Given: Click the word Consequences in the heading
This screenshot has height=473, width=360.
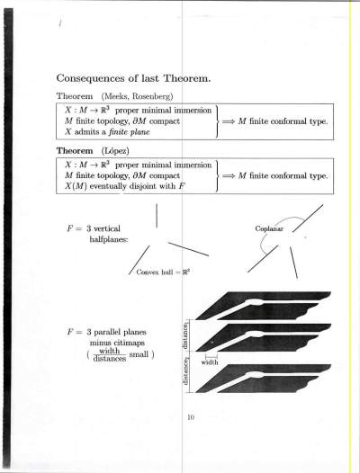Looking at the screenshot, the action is click(x=91, y=78).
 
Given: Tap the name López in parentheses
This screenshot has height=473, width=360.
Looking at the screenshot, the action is click(x=115, y=151).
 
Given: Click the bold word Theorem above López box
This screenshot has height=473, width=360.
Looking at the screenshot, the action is click(x=75, y=150).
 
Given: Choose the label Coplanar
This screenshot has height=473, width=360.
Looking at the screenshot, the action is click(x=269, y=228).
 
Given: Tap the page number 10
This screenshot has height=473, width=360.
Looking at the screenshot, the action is click(x=191, y=417).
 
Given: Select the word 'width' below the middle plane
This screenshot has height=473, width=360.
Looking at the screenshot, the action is click(x=210, y=362).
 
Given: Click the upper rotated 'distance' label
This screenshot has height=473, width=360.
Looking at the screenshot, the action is click(x=186, y=335).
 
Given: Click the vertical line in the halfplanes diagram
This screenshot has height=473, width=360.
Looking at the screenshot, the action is click(x=157, y=216).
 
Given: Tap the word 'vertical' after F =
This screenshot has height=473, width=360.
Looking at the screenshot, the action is click(x=107, y=228).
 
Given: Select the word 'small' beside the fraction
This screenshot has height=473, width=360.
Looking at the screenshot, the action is click(x=139, y=354).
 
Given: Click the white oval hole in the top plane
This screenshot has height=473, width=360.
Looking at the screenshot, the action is click(x=255, y=301).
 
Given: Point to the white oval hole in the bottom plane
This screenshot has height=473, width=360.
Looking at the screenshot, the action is click(x=255, y=375).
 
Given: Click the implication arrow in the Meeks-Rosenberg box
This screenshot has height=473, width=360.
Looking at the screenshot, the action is click(x=229, y=121).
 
